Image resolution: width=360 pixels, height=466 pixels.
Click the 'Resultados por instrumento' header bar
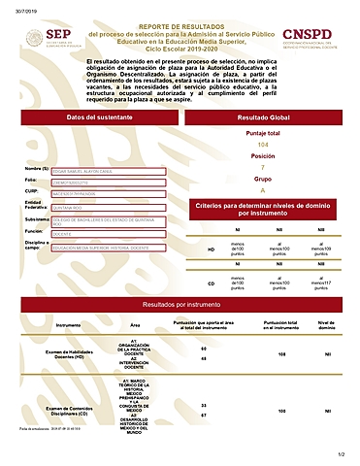(x=180, y=305)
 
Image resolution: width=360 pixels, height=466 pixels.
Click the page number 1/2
(x=341, y=454)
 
